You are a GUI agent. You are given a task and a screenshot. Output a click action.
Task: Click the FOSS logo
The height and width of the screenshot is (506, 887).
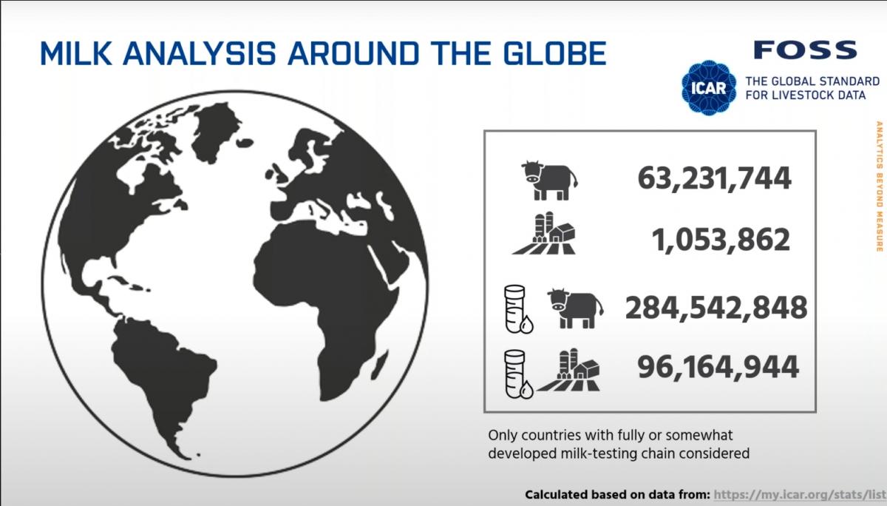806,50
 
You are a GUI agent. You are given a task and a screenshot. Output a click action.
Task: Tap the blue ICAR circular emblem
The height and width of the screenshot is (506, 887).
709,87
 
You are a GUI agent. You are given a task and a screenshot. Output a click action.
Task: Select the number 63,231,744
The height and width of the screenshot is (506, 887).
714,178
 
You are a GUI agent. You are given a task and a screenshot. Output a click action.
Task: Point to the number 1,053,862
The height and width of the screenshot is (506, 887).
721,240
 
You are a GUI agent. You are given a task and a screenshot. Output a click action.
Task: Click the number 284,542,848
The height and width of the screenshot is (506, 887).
716,308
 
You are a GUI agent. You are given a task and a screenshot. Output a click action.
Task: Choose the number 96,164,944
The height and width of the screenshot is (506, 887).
718,368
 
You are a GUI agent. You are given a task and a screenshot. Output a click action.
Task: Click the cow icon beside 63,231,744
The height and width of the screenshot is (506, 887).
549,181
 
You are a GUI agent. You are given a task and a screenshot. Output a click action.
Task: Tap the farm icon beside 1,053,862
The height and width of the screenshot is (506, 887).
544,233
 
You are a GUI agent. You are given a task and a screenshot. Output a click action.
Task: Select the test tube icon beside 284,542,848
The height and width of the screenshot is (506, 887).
518,309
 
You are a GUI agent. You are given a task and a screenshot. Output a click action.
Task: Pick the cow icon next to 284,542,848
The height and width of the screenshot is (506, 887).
575,308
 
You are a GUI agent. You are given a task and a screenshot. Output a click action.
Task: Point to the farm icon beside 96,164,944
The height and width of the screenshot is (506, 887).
568,370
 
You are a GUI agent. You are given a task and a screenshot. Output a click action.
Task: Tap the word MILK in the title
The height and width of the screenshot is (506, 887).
75,53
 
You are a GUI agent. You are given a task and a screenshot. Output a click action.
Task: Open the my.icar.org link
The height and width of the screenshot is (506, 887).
800,494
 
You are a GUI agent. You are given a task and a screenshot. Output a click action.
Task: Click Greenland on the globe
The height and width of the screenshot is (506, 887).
216,132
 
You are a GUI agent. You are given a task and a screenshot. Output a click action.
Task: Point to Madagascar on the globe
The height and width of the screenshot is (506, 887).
378,371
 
